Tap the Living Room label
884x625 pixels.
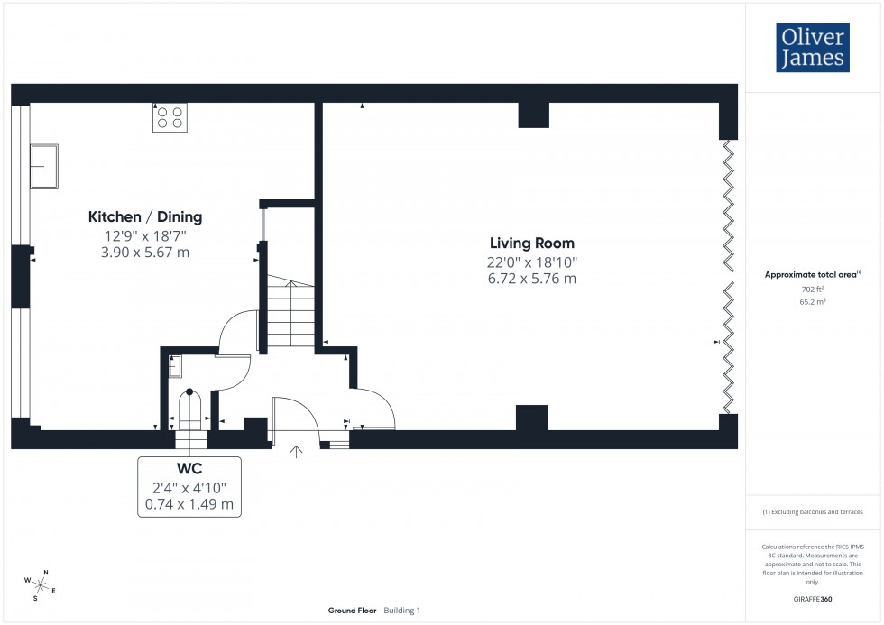tap(531, 244)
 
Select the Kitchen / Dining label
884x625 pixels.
tap(144, 216)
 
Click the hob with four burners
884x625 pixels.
tap(170, 117)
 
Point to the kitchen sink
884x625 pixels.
tap(43, 166)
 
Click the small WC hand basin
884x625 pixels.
tap(175, 365)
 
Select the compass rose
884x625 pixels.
tap(41, 583)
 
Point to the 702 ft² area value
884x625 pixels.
tap(814, 290)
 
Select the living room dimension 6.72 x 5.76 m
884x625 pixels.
tap(531, 279)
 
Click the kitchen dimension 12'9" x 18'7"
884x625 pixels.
tap(144, 235)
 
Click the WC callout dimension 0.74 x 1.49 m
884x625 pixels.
tap(189, 504)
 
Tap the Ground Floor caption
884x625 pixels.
tap(352, 611)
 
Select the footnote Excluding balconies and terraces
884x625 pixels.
tap(814, 511)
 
